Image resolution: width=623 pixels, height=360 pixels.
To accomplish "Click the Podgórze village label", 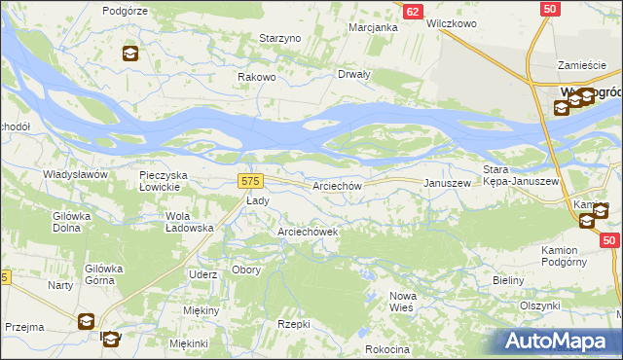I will click(124, 10).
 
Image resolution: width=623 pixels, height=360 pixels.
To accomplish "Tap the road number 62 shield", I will click(414, 11).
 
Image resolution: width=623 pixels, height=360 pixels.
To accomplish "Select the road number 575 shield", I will click(250, 181).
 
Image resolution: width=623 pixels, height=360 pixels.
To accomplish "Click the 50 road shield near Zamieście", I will click(551, 9).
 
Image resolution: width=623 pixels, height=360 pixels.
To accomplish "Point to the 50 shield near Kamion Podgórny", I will click(610, 239).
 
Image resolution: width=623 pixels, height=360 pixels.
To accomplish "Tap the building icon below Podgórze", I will click(130, 54).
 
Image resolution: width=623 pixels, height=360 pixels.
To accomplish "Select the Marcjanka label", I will click(374, 27).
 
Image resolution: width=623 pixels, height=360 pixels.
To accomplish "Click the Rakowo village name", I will click(259, 77).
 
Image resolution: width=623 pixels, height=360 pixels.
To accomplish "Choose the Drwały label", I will click(353, 74).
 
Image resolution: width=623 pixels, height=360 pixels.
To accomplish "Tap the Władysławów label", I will click(73, 174).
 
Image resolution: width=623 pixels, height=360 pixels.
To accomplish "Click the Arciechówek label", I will click(308, 232).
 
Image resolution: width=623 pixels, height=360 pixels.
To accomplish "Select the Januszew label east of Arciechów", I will click(447, 183).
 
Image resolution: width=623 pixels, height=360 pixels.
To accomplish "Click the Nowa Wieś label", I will click(403, 301).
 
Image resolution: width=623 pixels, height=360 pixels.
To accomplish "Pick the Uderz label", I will click(203, 274).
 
